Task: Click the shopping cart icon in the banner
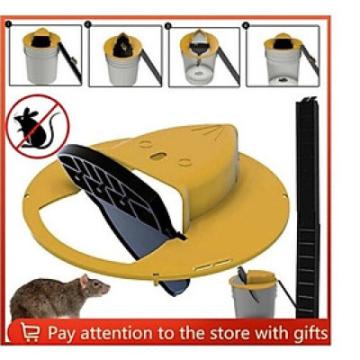tap(30, 332)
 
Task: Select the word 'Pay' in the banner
tap(61, 334)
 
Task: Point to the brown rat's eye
tap(95, 283)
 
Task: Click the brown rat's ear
tap(84, 281)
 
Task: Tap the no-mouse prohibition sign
tap(38, 126)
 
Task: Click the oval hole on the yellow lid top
tap(157, 156)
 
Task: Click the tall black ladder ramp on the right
tap(308, 207)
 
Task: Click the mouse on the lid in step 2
tap(123, 46)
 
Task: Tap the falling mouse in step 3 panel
tap(198, 60)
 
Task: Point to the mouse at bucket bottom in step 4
tap(282, 80)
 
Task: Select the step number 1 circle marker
tap(8, 23)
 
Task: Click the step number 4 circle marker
tap(246, 25)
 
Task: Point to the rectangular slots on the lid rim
tap(212, 265)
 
